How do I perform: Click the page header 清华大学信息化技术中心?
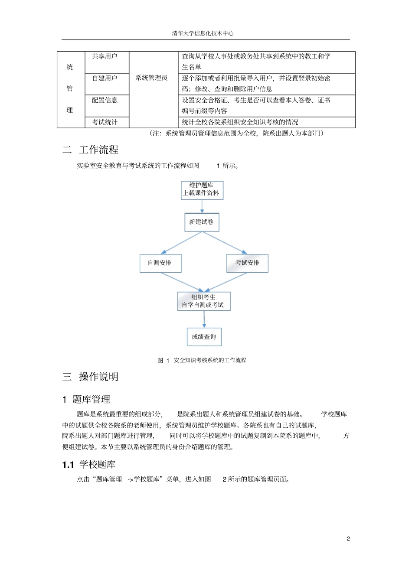203,33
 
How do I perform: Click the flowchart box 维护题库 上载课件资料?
202,189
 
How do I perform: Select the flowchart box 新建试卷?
202,222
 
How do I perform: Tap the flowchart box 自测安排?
160,263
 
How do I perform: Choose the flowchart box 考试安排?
247,263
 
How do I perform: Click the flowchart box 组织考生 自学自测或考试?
203,301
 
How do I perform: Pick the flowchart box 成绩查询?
204,337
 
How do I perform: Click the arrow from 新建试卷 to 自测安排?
181,243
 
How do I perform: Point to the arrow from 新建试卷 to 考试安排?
224,243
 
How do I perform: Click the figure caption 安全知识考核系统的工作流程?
210,360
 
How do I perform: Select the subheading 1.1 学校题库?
89,465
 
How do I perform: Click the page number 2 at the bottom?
348,539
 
